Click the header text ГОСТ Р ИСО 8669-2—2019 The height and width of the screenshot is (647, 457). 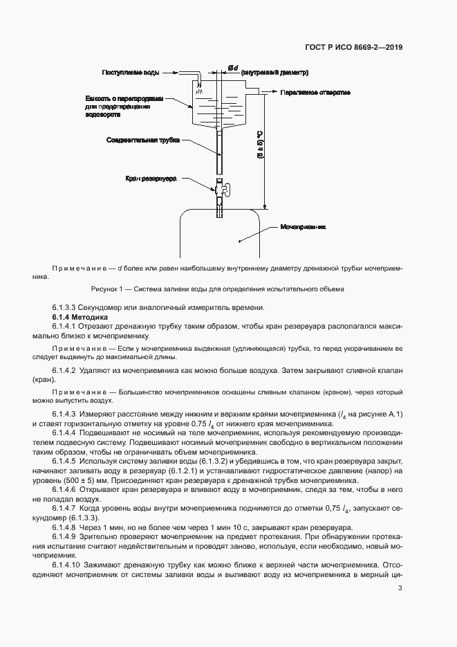(354, 48)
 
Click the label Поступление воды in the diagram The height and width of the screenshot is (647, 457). (131, 73)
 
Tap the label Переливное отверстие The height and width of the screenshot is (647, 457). (316, 92)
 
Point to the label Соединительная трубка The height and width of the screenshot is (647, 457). (142, 140)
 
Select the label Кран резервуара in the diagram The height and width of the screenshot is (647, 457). (151, 178)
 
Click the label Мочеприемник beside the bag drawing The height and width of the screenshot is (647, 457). (303, 226)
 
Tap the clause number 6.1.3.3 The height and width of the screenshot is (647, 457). (67, 307)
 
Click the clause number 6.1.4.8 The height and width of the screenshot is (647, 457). (67, 526)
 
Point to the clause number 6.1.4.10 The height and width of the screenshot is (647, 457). (69, 563)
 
